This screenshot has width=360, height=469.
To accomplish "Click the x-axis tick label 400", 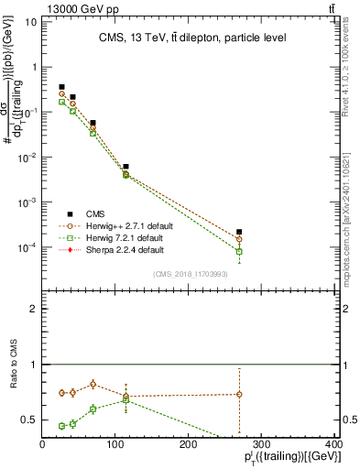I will click(x=333, y=445).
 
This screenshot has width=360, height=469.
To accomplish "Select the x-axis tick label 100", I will click(x=115, y=445).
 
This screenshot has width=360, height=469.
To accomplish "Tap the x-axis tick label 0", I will click(x=42, y=445).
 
